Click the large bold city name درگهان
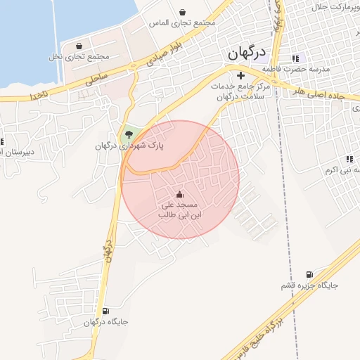[247, 54]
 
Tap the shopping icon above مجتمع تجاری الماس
[183, 12]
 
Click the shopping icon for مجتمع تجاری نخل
[79, 45]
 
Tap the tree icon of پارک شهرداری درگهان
[128, 134]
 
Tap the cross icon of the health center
[240, 75]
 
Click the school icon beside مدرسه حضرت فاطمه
[295, 58]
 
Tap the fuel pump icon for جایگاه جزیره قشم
[309, 275]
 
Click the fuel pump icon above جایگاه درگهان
[105, 311]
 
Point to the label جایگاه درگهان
[105, 323]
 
